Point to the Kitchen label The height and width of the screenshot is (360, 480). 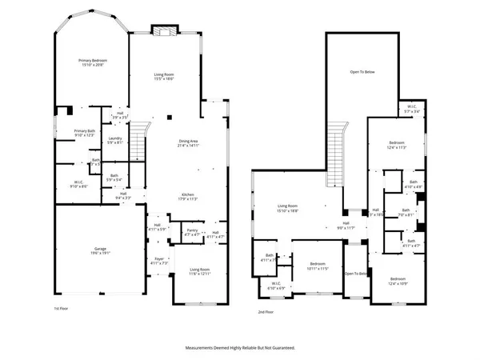189,196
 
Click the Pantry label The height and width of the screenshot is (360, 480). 192,233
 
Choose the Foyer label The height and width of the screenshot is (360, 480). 160,260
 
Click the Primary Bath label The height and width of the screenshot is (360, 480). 85,133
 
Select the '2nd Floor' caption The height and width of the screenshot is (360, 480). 266,312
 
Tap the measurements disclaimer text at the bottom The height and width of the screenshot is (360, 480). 240,348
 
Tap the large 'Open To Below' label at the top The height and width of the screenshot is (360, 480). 362,72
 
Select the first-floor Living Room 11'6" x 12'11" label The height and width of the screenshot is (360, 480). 202,271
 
